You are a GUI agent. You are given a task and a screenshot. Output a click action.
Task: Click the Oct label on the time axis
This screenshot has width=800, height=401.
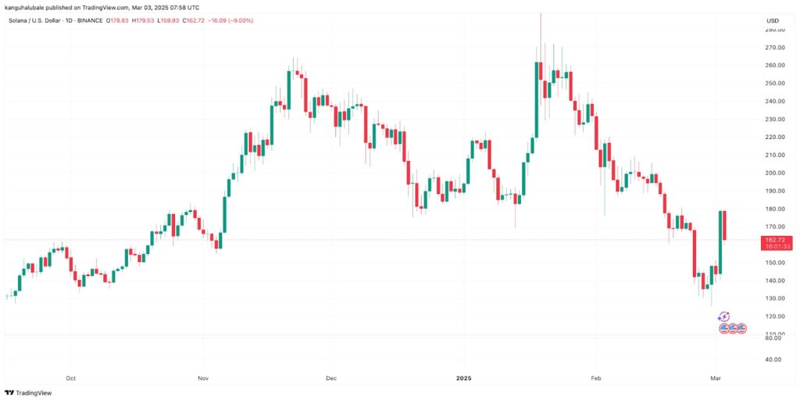pos(71,378)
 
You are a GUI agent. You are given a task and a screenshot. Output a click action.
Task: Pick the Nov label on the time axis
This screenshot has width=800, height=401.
pos(202,378)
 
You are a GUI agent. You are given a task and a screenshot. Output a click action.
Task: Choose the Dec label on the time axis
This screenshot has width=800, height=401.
pos(330,378)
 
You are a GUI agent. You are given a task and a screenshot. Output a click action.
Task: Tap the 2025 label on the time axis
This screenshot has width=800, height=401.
pos(464,378)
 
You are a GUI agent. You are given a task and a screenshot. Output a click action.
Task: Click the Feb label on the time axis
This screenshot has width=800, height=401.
pos(596,378)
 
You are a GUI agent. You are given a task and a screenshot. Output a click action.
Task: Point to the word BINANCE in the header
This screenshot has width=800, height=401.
pos(91,20)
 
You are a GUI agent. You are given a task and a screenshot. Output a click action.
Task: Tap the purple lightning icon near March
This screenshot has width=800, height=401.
pos(723,317)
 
